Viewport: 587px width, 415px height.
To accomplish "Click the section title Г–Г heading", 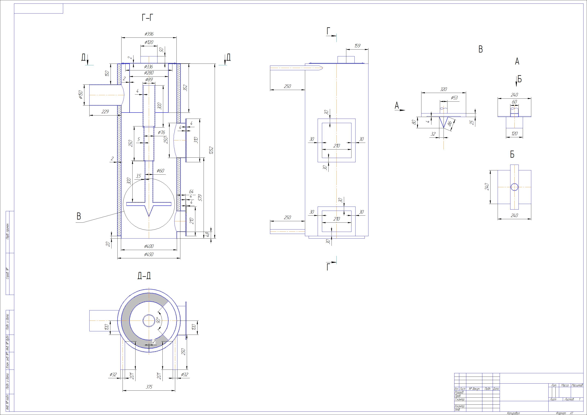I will pos(148,18).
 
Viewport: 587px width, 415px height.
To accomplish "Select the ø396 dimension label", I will pos(149,34).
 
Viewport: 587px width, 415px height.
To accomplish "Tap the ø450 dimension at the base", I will pos(149,254).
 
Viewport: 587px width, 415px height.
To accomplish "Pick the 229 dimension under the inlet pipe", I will pos(105,112).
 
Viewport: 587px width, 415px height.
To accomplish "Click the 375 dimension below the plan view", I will pos(149,387).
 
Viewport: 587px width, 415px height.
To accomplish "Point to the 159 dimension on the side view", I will pos(357,46).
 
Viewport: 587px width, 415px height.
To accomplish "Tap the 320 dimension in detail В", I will pos(443,89).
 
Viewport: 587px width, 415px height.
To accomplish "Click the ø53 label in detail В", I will pos(454,98).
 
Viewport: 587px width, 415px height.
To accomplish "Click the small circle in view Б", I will pos(514,187).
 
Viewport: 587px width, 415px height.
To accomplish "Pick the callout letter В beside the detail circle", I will pos(79,216).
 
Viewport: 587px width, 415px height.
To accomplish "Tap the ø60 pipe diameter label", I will pos(160,171).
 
